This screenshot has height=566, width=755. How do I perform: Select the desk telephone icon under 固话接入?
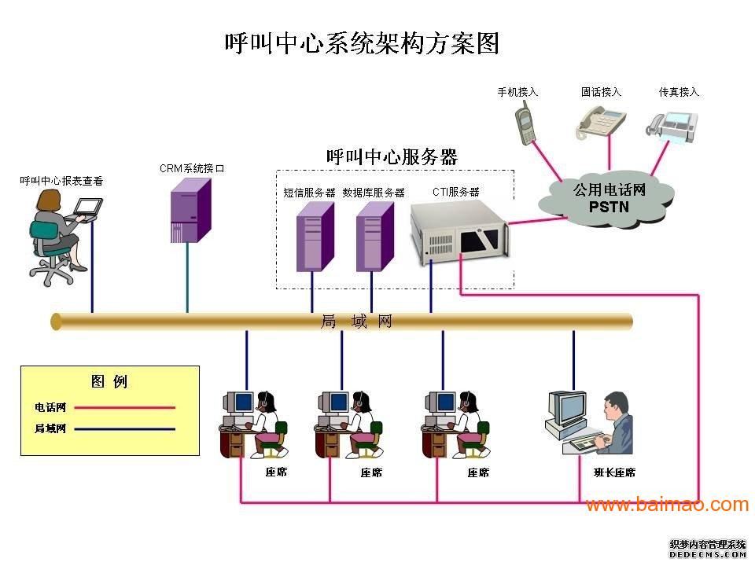[601, 122]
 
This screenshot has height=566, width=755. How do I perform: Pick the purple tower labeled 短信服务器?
[314, 237]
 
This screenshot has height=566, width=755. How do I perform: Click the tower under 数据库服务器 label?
[374, 237]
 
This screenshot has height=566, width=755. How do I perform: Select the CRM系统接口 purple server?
[190, 210]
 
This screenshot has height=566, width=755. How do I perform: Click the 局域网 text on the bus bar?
[356, 322]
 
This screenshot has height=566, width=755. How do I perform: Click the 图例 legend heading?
[109, 382]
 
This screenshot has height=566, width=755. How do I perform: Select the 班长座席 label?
[614, 472]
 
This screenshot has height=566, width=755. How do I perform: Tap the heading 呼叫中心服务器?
[392, 156]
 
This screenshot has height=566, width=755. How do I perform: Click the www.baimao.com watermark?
[667, 505]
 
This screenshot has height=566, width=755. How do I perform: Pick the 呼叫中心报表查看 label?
[61, 181]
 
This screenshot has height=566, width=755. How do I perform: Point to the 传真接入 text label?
[679, 92]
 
